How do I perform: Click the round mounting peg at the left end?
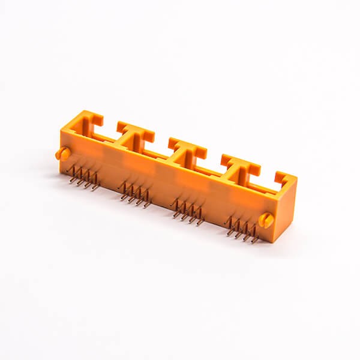pyautogui.click(x=62, y=154)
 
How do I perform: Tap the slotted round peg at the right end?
pyautogui.click(x=266, y=220)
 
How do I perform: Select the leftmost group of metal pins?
pyautogui.click(x=83, y=178)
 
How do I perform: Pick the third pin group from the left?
pyautogui.click(x=187, y=211)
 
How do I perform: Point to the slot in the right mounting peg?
pyautogui.click(x=266, y=220)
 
